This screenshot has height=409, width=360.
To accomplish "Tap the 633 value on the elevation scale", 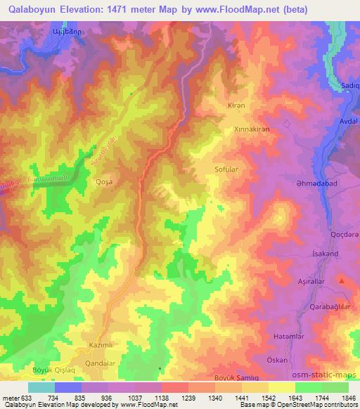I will (x=23, y=398).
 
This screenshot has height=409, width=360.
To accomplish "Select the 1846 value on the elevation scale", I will (x=340, y=398).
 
